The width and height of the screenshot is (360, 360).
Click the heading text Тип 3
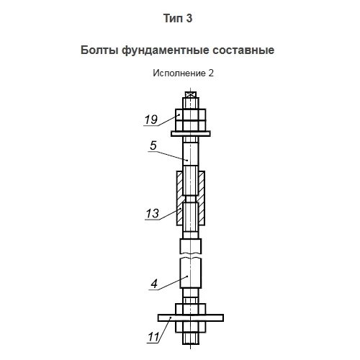pyautogui.click(x=178, y=18)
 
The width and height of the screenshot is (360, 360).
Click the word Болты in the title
pyautogui.click(x=99, y=50)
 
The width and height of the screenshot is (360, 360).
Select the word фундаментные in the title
pyautogui.click(x=166, y=50)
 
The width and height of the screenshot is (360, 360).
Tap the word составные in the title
pyautogui.click(x=243, y=50)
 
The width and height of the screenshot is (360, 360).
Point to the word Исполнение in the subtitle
pyautogui.click(x=179, y=73)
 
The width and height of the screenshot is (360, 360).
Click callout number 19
pyautogui.click(x=151, y=120)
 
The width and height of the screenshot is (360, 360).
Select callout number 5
pyautogui.click(x=153, y=145)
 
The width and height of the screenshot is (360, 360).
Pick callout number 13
pyautogui.click(x=153, y=213)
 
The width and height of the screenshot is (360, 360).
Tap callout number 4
pyautogui.click(x=154, y=284)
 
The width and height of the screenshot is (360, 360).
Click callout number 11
pyautogui.click(x=153, y=337)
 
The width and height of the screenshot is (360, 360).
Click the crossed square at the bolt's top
pyautogui.click(x=191, y=94)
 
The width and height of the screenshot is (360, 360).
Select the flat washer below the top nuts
pyautogui.click(x=191, y=134)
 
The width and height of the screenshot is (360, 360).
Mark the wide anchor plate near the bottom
pyautogui.click(x=191, y=318)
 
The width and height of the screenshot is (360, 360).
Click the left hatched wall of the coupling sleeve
pyautogui.click(x=180, y=198)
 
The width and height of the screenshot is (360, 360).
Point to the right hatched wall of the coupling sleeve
pyautogui.click(x=202, y=198)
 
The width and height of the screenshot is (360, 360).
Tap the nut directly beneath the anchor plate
pyautogui.click(x=191, y=327)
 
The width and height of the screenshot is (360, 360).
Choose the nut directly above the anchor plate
pyautogui.click(x=191, y=309)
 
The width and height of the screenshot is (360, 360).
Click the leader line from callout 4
pyautogui.click(x=173, y=283)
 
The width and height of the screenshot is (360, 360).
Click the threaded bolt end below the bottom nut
pyautogui.click(x=191, y=338)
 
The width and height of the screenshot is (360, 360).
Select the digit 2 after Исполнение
pyautogui.click(x=211, y=73)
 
